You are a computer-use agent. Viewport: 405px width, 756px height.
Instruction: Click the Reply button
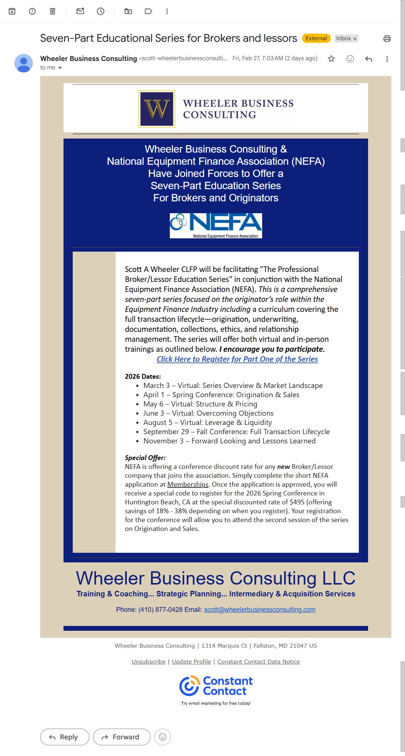[65, 737]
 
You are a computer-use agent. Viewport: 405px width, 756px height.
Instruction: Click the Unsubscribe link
[148, 661]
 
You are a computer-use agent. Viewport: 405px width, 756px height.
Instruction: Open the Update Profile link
[191, 661]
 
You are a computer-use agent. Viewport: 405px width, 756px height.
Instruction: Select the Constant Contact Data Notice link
[258, 661]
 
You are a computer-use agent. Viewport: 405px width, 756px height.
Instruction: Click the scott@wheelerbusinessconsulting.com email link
[260, 609]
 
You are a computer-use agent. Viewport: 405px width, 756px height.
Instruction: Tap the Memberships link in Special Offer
[188, 484]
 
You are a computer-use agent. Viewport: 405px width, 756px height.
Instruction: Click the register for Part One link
[237, 359]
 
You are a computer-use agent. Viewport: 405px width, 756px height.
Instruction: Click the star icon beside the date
[331, 59]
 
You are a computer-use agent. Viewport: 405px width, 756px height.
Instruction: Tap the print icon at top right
[387, 38]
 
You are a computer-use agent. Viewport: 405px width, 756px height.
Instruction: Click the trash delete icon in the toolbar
[52, 11]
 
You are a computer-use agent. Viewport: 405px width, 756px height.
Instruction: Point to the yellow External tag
[316, 38]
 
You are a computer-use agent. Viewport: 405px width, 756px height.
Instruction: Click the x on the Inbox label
[355, 39]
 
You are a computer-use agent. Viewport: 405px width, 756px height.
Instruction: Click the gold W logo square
[157, 109]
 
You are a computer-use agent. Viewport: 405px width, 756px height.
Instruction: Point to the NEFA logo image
[216, 225]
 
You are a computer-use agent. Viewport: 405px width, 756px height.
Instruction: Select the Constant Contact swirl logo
[189, 685]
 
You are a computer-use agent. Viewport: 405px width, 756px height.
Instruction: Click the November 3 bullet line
[229, 441]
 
